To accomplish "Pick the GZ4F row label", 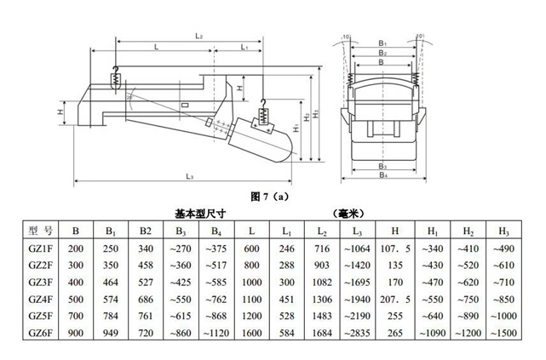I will point(42,300).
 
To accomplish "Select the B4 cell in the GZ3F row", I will point(216,283).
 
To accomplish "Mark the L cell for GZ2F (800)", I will point(251,265).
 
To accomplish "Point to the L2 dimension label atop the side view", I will point(198,36).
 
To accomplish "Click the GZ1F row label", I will point(42,248).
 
